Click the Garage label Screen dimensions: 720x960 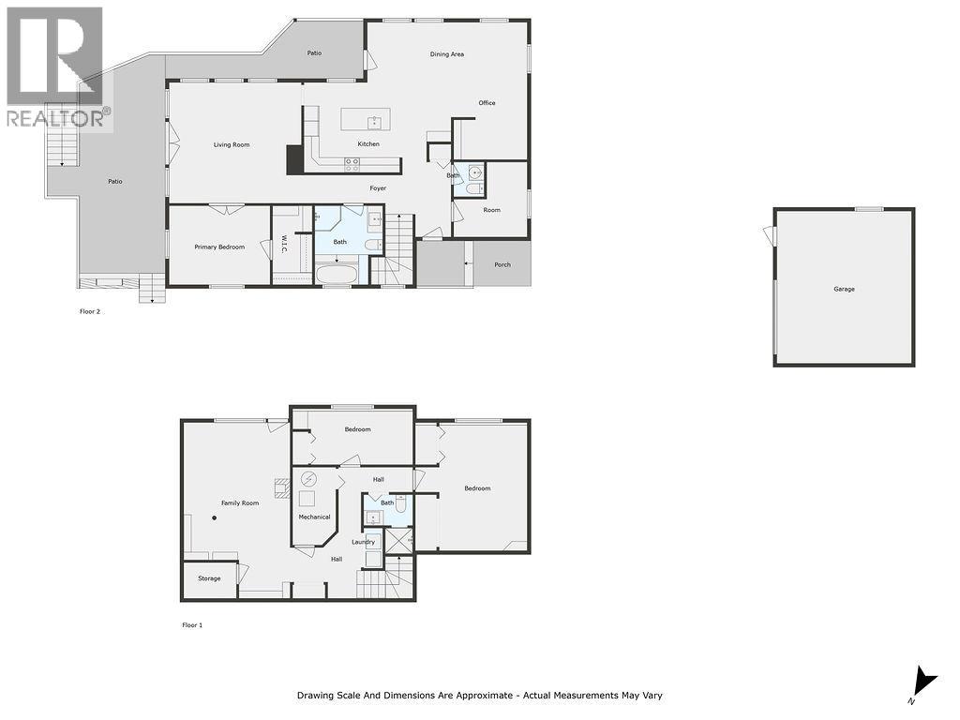click(844, 289)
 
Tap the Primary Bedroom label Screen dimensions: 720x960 click(219, 247)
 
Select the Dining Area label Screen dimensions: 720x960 click(447, 54)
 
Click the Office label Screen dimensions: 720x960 click(487, 103)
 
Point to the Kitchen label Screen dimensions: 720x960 click(368, 144)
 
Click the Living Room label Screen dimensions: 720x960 click(232, 144)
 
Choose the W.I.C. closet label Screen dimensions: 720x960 click(281, 246)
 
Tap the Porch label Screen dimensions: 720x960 click(502, 264)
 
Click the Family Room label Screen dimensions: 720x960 click(240, 503)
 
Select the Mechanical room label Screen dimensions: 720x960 click(314, 517)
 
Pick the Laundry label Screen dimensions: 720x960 click(363, 542)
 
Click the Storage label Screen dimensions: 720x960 click(209, 578)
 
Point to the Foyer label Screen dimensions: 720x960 click(378, 188)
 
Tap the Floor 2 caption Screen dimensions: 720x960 click(90, 311)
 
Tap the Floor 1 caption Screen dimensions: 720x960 click(191, 624)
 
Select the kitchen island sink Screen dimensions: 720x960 click(374, 120)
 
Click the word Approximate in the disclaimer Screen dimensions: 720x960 click(481, 696)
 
